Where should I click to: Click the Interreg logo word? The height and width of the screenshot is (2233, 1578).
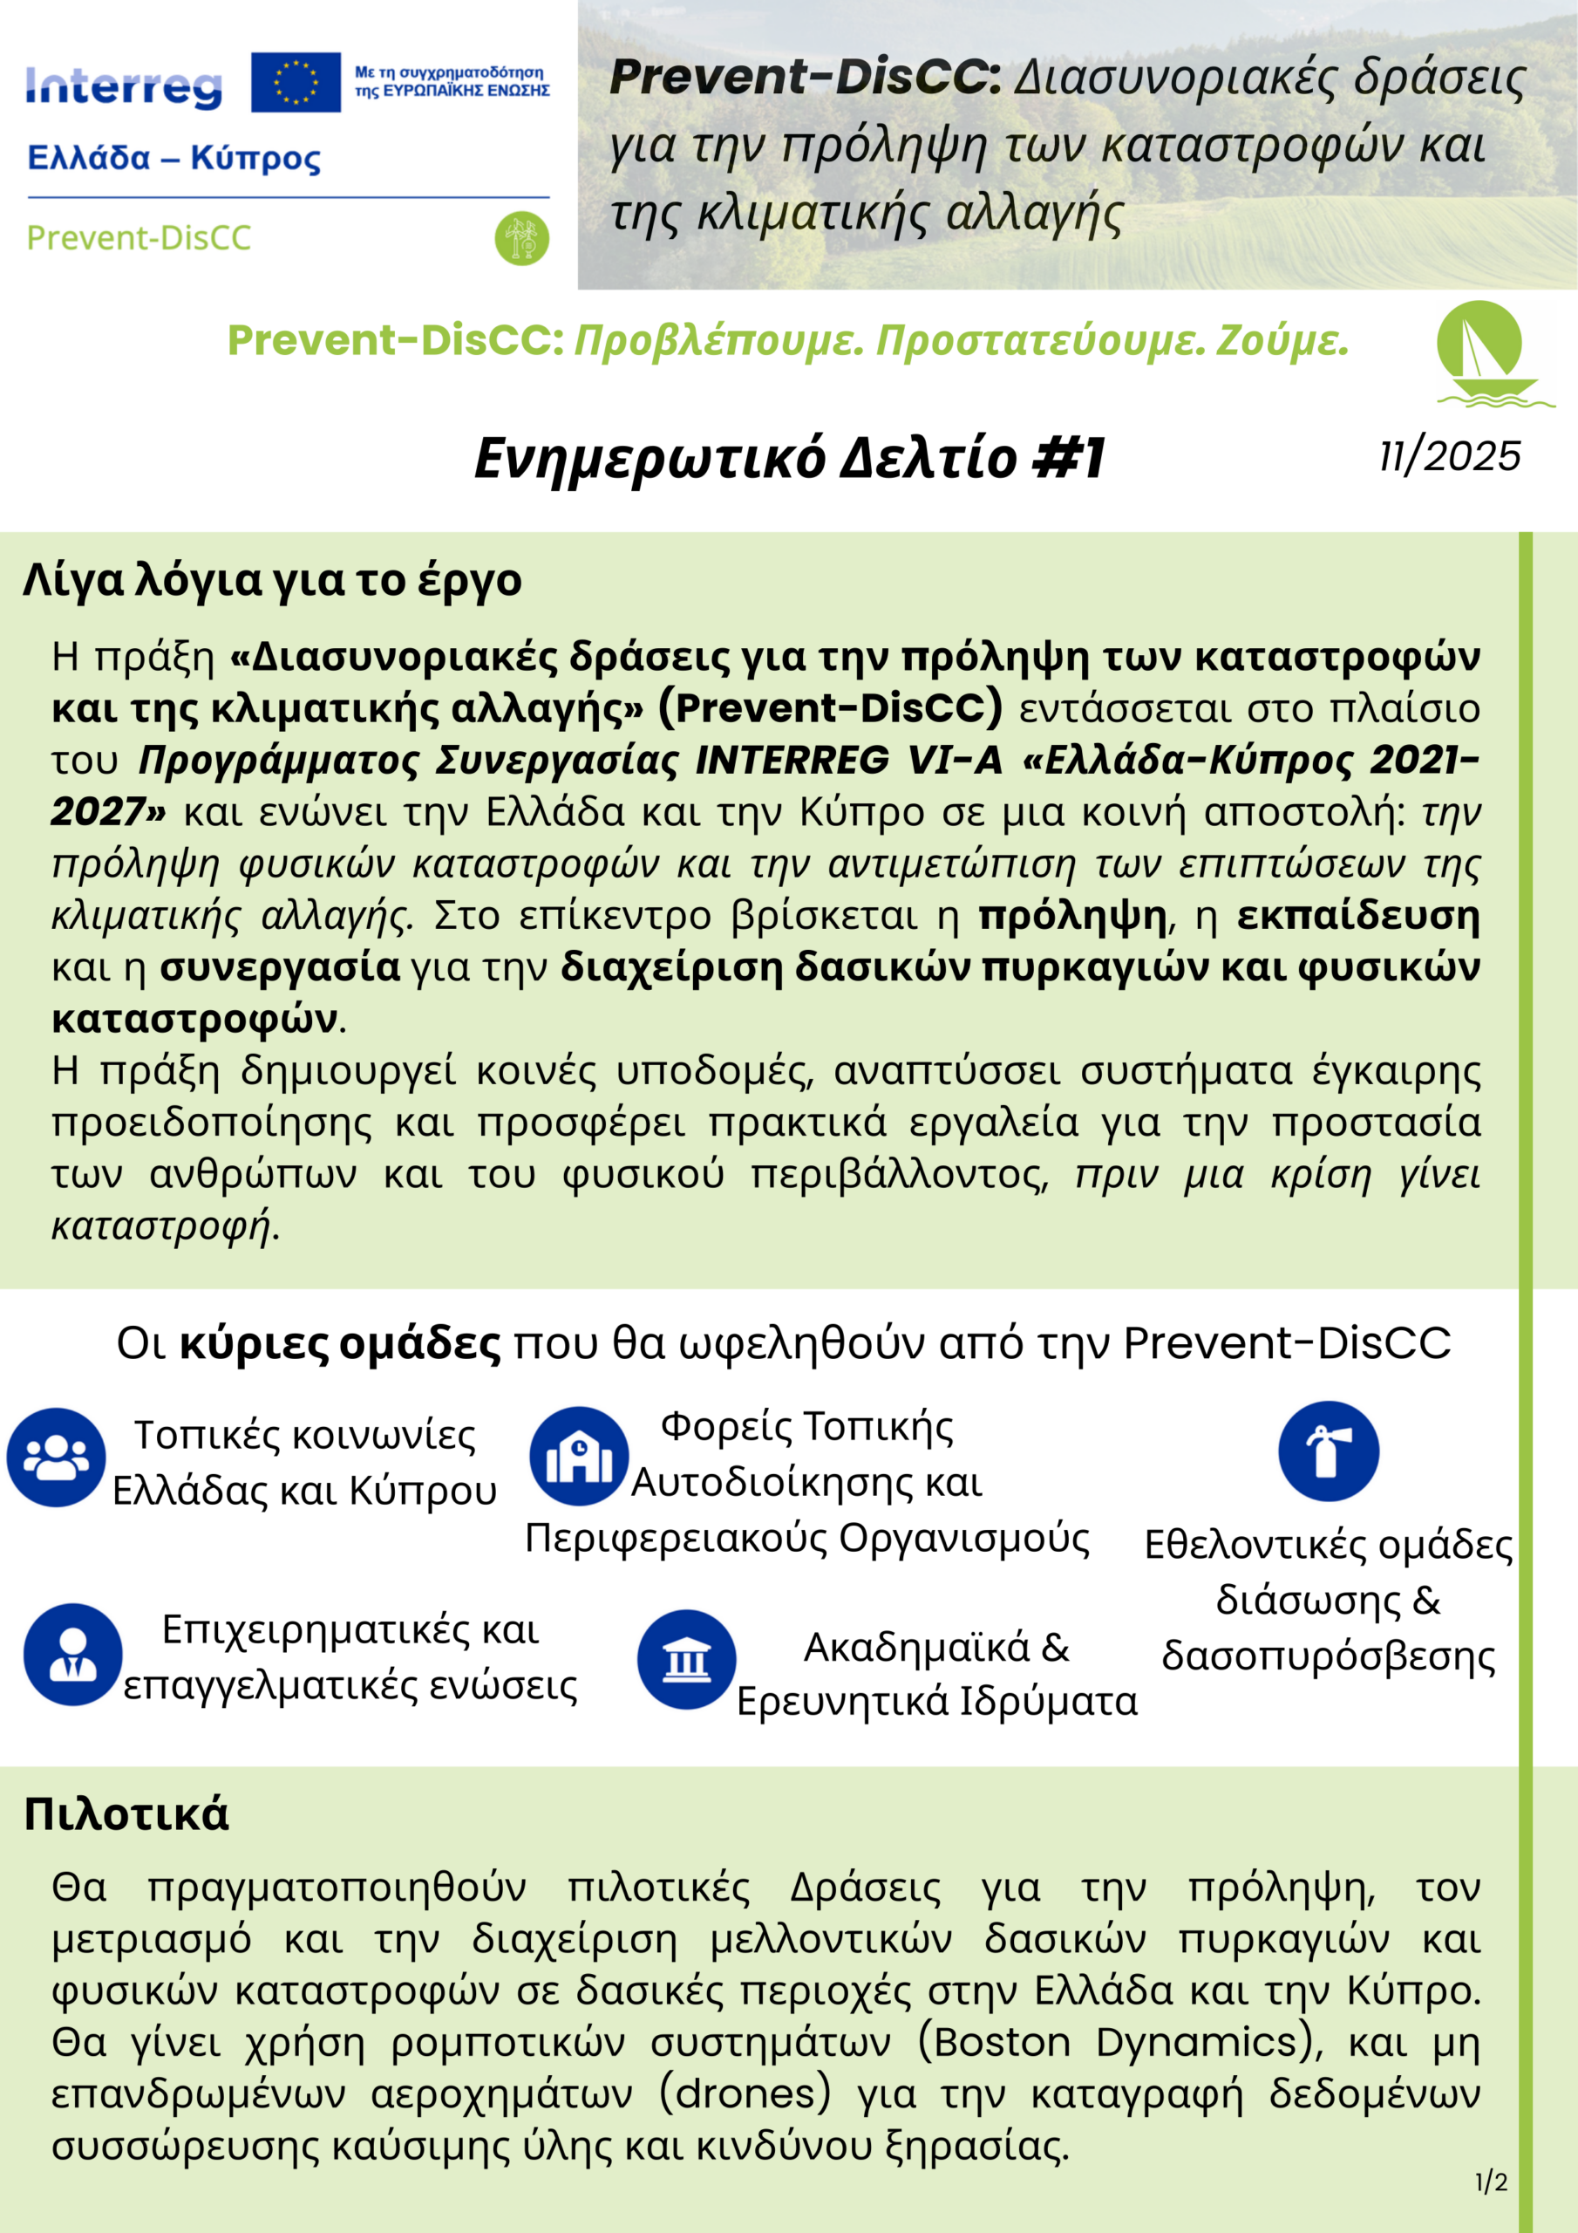tap(124, 87)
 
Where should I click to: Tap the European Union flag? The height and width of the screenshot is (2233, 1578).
tap(296, 83)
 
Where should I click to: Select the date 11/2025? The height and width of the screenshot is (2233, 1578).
tap(1450, 456)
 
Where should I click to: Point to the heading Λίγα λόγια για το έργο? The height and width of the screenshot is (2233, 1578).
tap(272, 581)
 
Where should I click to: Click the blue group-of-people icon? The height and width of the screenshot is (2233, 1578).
tap(57, 1458)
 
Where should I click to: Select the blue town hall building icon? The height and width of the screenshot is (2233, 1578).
tap(579, 1457)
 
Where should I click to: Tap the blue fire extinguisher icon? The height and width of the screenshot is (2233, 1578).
tap(1328, 1452)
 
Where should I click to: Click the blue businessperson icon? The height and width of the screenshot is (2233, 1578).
tap(73, 1656)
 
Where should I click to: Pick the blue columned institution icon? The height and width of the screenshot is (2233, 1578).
tap(686, 1659)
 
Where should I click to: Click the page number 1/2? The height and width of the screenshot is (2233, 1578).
tap(1491, 2183)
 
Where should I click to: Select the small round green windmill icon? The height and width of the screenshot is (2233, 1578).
tap(522, 238)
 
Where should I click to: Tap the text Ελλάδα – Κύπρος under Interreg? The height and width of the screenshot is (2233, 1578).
tap(174, 159)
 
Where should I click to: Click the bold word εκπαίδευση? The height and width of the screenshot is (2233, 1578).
tap(1358, 916)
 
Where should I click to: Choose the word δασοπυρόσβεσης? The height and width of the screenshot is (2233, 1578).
tap(1328, 1656)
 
